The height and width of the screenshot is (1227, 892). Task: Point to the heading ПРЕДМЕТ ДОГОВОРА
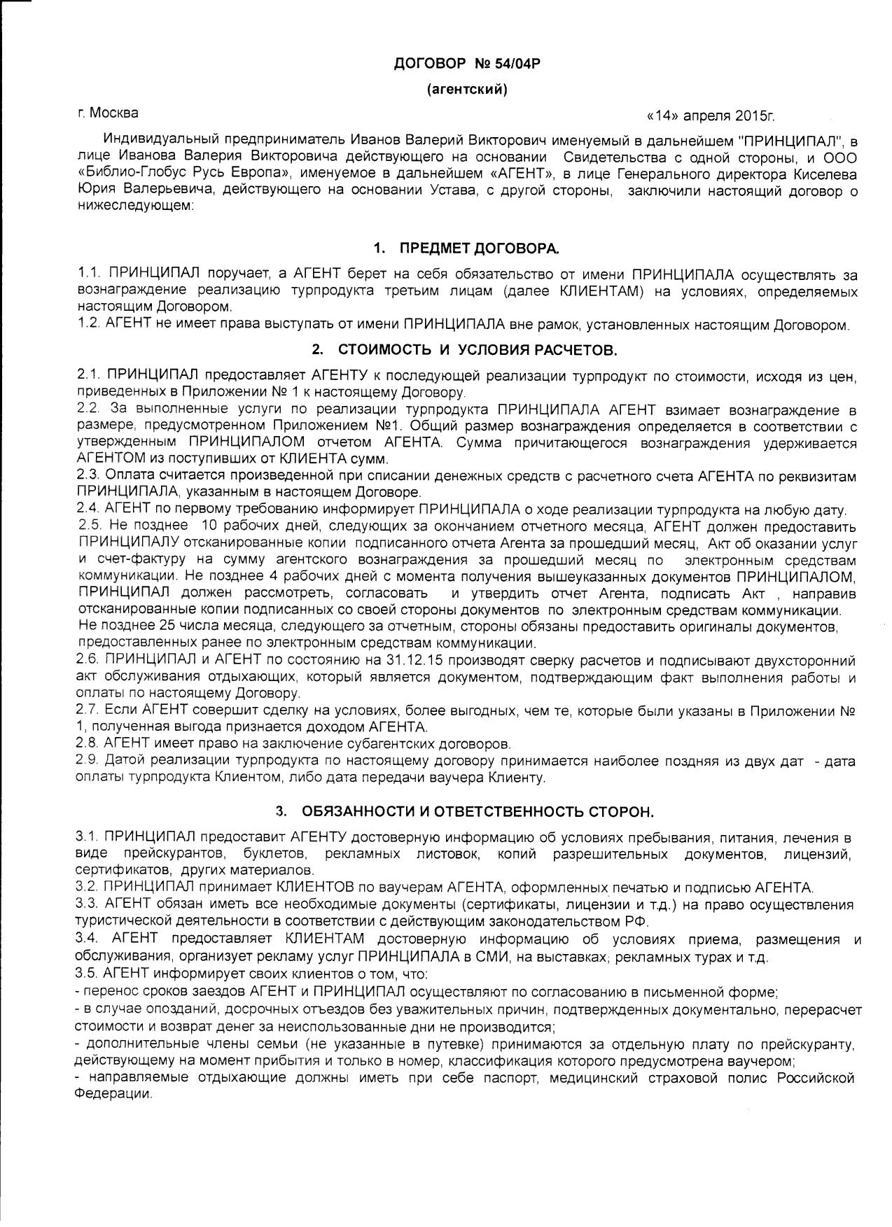click(480, 249)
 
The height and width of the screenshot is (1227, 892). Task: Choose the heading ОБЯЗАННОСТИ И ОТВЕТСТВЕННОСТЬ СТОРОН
click(478, 812)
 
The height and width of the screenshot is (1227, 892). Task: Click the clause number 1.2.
click(88, 325)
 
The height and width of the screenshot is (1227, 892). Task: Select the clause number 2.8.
click(88, 743)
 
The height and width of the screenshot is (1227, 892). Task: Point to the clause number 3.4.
click(88, 939)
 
